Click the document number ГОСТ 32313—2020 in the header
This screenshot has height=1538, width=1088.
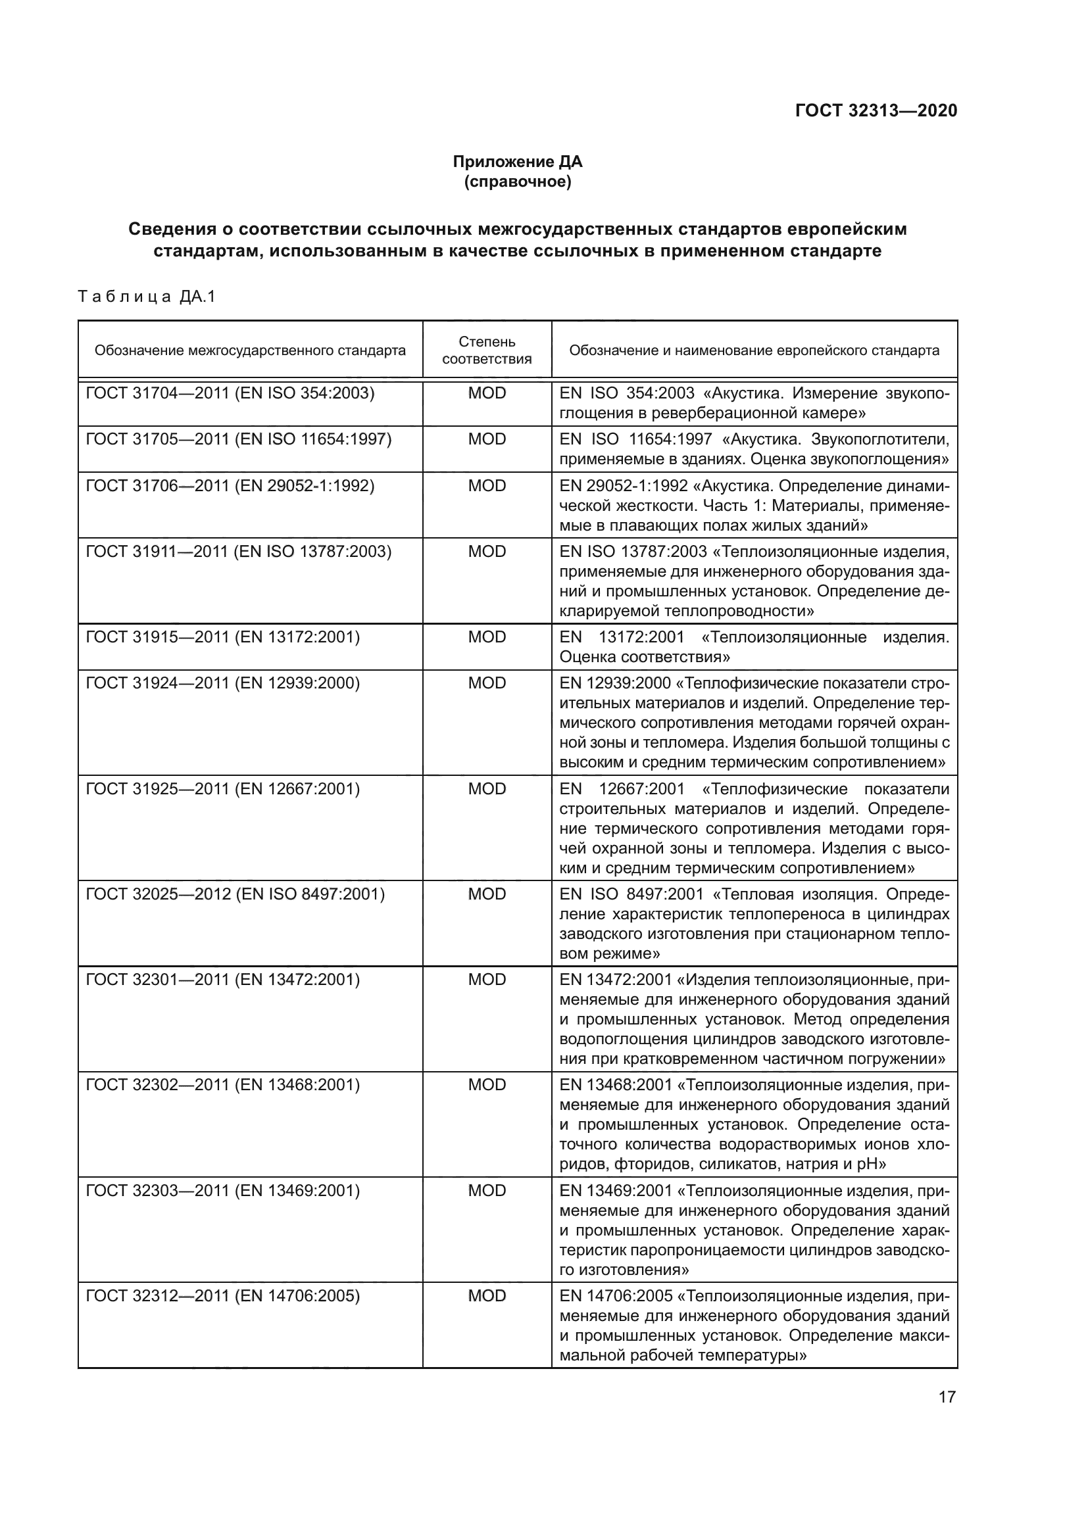(876, 110)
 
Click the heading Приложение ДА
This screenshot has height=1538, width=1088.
(517, 162)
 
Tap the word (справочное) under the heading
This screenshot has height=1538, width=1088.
(517, 181)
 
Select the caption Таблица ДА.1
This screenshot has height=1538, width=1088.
(147, 296)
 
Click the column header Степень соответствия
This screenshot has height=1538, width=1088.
(486, 350)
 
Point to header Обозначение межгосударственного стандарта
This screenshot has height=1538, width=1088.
(250, 350)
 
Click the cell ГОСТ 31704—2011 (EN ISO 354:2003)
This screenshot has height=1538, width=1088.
(230, 393)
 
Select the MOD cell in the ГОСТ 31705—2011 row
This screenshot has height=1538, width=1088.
(486, 439)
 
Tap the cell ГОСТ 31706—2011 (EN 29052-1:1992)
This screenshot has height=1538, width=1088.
(230, 486)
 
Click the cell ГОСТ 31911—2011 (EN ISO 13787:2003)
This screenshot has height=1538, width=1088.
(239, 551)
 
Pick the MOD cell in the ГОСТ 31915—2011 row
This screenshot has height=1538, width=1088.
(486, 637)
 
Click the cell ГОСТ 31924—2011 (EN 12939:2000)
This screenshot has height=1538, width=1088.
(222, 683)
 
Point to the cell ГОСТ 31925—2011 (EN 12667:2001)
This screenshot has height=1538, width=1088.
(222, 789)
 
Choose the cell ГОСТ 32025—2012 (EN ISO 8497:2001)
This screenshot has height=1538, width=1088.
(235, 894)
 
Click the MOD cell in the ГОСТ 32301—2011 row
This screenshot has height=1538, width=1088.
(486, 980)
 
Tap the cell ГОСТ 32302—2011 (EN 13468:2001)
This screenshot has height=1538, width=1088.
(222, 1085)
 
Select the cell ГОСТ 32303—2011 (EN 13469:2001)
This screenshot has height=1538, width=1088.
(222, 1191)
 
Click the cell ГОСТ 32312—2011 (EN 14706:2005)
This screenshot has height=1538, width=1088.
(222, 1296)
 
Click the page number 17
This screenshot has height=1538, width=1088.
(947, 1397)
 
